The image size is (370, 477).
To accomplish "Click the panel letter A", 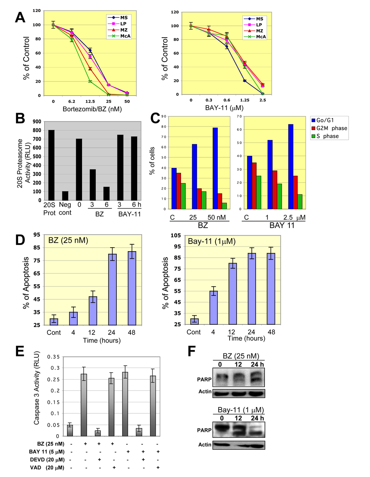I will tap(20, 17).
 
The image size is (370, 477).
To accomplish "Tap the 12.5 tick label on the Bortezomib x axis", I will tap(90, 101).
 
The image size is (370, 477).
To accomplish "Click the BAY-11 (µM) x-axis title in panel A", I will tap(224, 108).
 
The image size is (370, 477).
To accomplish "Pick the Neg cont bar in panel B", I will tap(65, 196).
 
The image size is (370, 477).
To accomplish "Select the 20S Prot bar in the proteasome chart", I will tap(51, 165).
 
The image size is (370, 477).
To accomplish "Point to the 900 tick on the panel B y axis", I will tap(37, 122).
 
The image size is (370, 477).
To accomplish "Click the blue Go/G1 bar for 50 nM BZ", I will tap(215, 168).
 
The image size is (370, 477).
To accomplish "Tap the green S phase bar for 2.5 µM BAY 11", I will tap(300, 202).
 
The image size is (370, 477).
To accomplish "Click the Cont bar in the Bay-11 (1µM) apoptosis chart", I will tap(194, 322).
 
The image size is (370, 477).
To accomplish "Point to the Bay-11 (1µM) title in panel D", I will tap(211, 241).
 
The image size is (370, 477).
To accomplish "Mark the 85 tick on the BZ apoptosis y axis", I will tap(37, 248).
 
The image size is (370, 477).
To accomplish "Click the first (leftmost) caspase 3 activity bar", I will tap(70, 431).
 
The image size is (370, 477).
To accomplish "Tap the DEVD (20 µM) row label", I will tap(47, 460).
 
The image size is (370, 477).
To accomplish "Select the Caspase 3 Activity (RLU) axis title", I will tap(37, 388).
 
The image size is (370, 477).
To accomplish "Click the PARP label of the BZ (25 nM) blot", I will tap(204, 379).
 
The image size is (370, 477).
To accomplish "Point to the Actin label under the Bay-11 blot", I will tap(205, 445).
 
